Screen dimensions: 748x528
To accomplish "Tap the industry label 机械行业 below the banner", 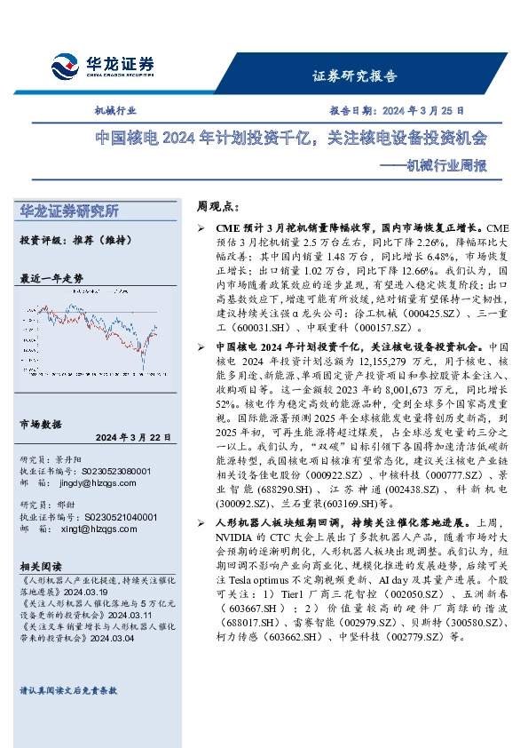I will tap(115, 111).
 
